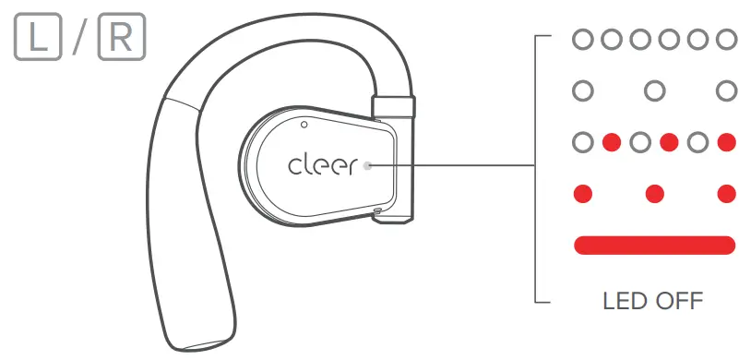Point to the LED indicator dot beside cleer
368,166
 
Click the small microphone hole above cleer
304,123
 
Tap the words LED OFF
652,301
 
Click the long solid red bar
654,245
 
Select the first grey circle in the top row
582,40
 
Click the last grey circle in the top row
726,40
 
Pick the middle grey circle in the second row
654,91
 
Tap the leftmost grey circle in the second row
582,91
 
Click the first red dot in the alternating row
611,143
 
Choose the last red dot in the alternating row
726,143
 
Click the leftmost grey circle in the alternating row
582,143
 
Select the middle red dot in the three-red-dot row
654,194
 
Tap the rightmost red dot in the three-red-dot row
726,194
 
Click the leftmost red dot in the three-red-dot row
582,194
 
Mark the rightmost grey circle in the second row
726,91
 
